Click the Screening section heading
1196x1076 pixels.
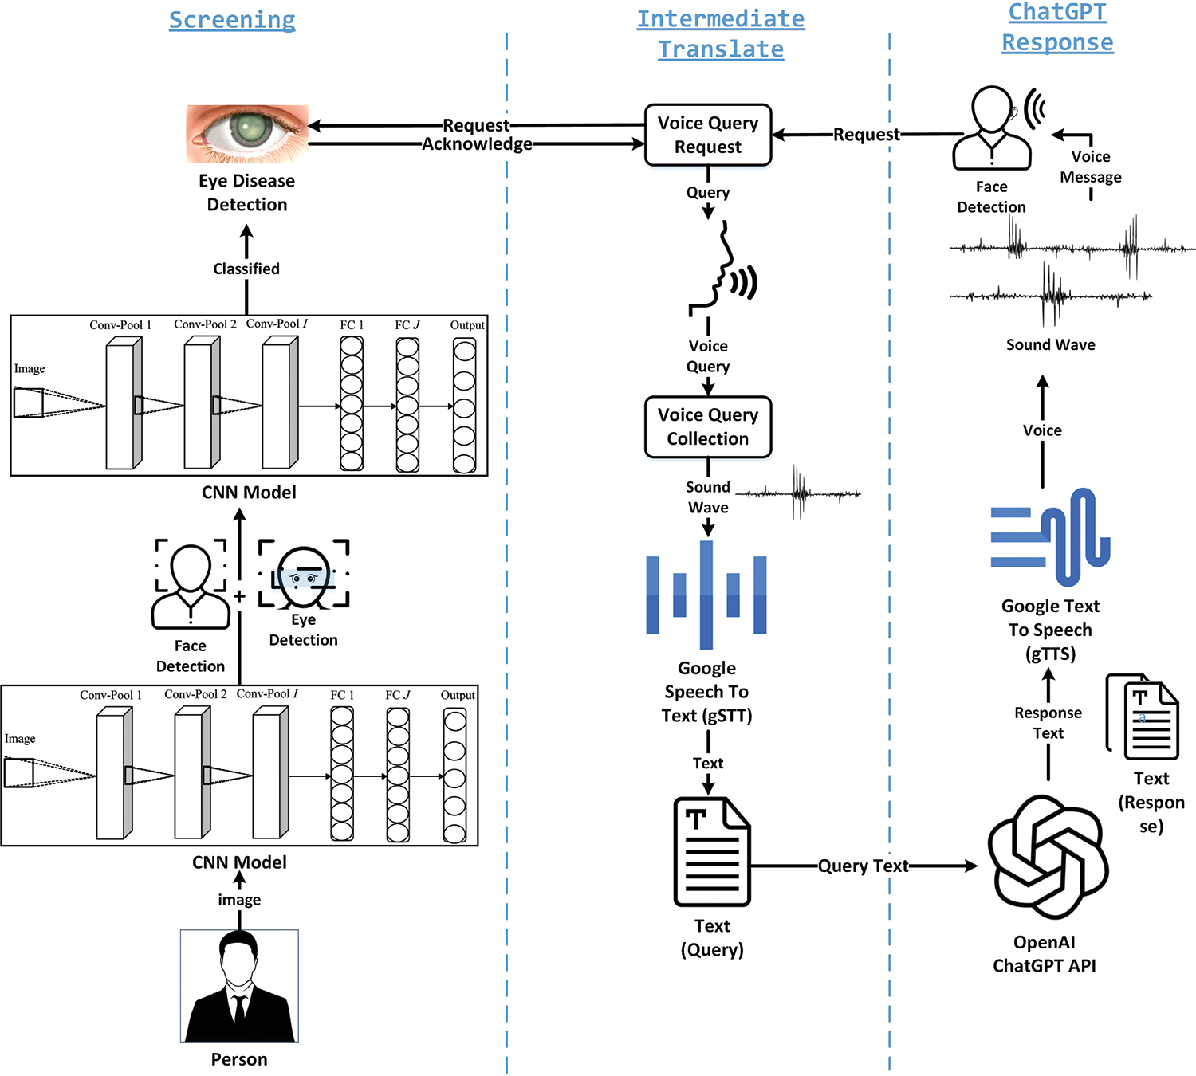pyautogui.click(x=232, y=20)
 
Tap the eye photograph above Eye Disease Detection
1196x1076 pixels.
pyautogui.click(x=247, y=134)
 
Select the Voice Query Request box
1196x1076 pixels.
pyautogui.click(x=708, y=135)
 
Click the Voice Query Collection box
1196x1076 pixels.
pyautogui.click(x=708, y=427)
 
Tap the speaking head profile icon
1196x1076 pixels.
pyautogui.click(x=722, y=271)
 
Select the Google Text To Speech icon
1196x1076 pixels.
pyautogui.click(x=1050, y=536)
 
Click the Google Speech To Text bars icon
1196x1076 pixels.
pyautogui.click(x=706, y=595)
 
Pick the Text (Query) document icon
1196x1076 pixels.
pyautogui.click(x=712, y=851)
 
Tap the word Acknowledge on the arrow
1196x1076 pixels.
pyautogui.click(x=477, y=144)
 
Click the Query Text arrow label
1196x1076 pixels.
pyautogui.click(x=864, y=866)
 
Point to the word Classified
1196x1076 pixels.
pyautogui.click(x=246, y=269)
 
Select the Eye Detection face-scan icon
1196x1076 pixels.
pyautogui.click(x=304, y=574)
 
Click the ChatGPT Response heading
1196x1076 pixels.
pyautogui.click(x=1057, y=27)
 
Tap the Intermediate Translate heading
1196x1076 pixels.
pyautogui.click(x=721, y=34)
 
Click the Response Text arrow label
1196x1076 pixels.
pyautogui.click(x=1048, y=723)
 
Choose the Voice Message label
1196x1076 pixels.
pyautogui.click(x=1091, y=167)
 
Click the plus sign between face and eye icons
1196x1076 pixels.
pyautogui.click(x=239, y=596)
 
